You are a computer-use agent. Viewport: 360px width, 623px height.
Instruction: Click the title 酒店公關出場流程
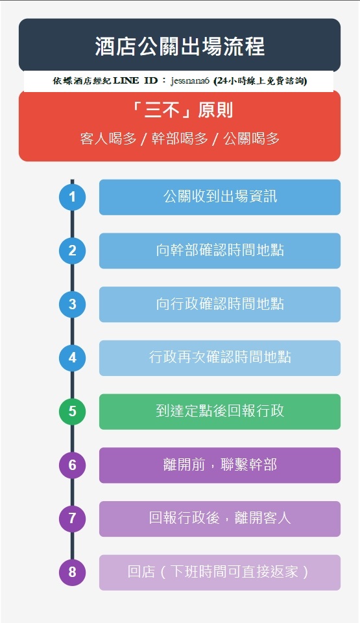(180, 46)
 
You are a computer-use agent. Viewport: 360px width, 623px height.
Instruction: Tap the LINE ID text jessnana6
(190, 81)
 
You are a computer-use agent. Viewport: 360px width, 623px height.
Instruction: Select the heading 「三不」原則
(180, 110)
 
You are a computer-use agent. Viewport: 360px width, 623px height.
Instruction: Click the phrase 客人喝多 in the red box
(108, 139)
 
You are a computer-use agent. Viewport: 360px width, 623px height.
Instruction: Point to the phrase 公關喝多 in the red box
(251, 139)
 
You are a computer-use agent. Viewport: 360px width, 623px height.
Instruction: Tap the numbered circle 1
(72, 197)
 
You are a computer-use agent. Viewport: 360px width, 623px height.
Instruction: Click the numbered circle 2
(72, 251)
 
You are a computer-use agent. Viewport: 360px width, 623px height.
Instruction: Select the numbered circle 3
(72, 304)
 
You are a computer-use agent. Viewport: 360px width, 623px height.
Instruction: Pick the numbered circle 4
(72, 358)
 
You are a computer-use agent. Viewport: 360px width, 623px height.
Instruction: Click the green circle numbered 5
(72, 412)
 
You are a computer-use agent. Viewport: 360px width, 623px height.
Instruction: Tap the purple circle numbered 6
(72, 465)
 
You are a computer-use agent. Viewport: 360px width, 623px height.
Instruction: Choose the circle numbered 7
(72, 519)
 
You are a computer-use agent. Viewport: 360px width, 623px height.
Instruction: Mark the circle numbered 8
(72, 572)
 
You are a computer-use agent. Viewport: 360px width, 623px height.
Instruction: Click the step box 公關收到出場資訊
(220, 197)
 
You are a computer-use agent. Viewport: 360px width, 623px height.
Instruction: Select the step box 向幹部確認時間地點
(220, 251)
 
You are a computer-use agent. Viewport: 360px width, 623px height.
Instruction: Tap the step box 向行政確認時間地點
(220, 304)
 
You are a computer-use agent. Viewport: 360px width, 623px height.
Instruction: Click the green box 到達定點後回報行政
(220, 412)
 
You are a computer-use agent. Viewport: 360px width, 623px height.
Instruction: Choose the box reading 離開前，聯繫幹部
(220, 465)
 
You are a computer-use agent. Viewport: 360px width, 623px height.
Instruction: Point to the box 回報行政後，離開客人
(220, 519)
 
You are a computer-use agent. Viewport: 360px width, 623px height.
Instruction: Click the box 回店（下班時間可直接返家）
(220, 572)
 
